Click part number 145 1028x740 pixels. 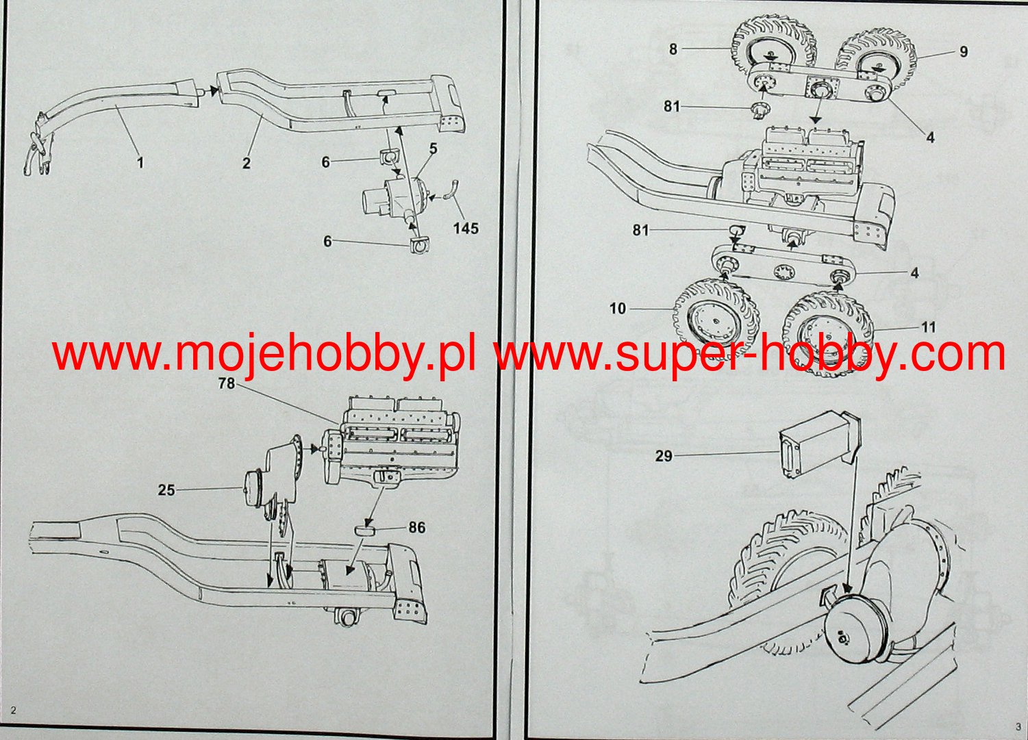point(466,229)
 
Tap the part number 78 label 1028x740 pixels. point(226,384)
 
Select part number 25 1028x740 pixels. point(166,490)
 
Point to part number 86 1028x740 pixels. point(416,527)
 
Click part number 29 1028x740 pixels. point(664,455)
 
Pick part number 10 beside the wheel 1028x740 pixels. point(618,309)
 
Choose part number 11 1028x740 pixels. point(928,328)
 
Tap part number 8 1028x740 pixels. point(673,49)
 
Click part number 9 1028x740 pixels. point(963,52)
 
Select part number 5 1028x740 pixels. point(433,148)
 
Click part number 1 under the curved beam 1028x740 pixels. point(140,162)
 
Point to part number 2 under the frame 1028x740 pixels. point(246,163)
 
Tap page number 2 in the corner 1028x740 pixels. point(13,711)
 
